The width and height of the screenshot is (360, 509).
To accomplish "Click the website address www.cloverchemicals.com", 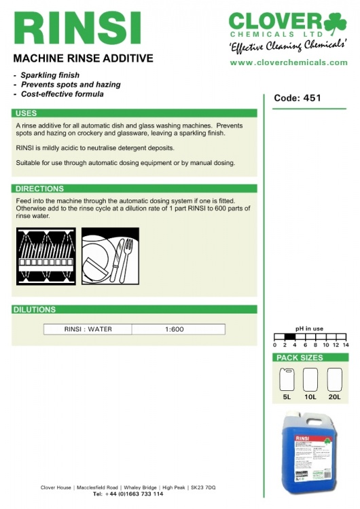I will pyautogui.click(x=289, y=62).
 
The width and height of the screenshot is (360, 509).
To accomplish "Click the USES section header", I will pyautogui.click(x=26, y=113).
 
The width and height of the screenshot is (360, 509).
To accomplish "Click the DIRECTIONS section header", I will pyautogui.click(x=39, y=189).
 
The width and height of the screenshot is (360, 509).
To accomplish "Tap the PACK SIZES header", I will pyautogui.click(x=299, y=358).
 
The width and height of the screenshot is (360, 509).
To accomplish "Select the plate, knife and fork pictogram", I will pyautogui.click(x=110, y=256).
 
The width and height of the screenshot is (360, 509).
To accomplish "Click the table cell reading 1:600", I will pyautogui.click(x=174, y=329).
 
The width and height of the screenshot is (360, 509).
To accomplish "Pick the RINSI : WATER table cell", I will pyautogui.click(x=88, y=329).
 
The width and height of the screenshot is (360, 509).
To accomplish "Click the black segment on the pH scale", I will pyautogui.click(x=289, y=337).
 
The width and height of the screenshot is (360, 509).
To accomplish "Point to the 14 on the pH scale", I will pyautogui.click(x=345, y=345).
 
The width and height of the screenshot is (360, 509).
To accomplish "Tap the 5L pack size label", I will pyautogui.click(x=287, y=396).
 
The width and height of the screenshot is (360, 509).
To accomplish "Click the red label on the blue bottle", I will pyautogui.click(x=302, y=440).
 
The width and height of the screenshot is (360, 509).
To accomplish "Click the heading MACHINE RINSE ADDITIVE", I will pyautogui.click(x=84, y=59).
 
